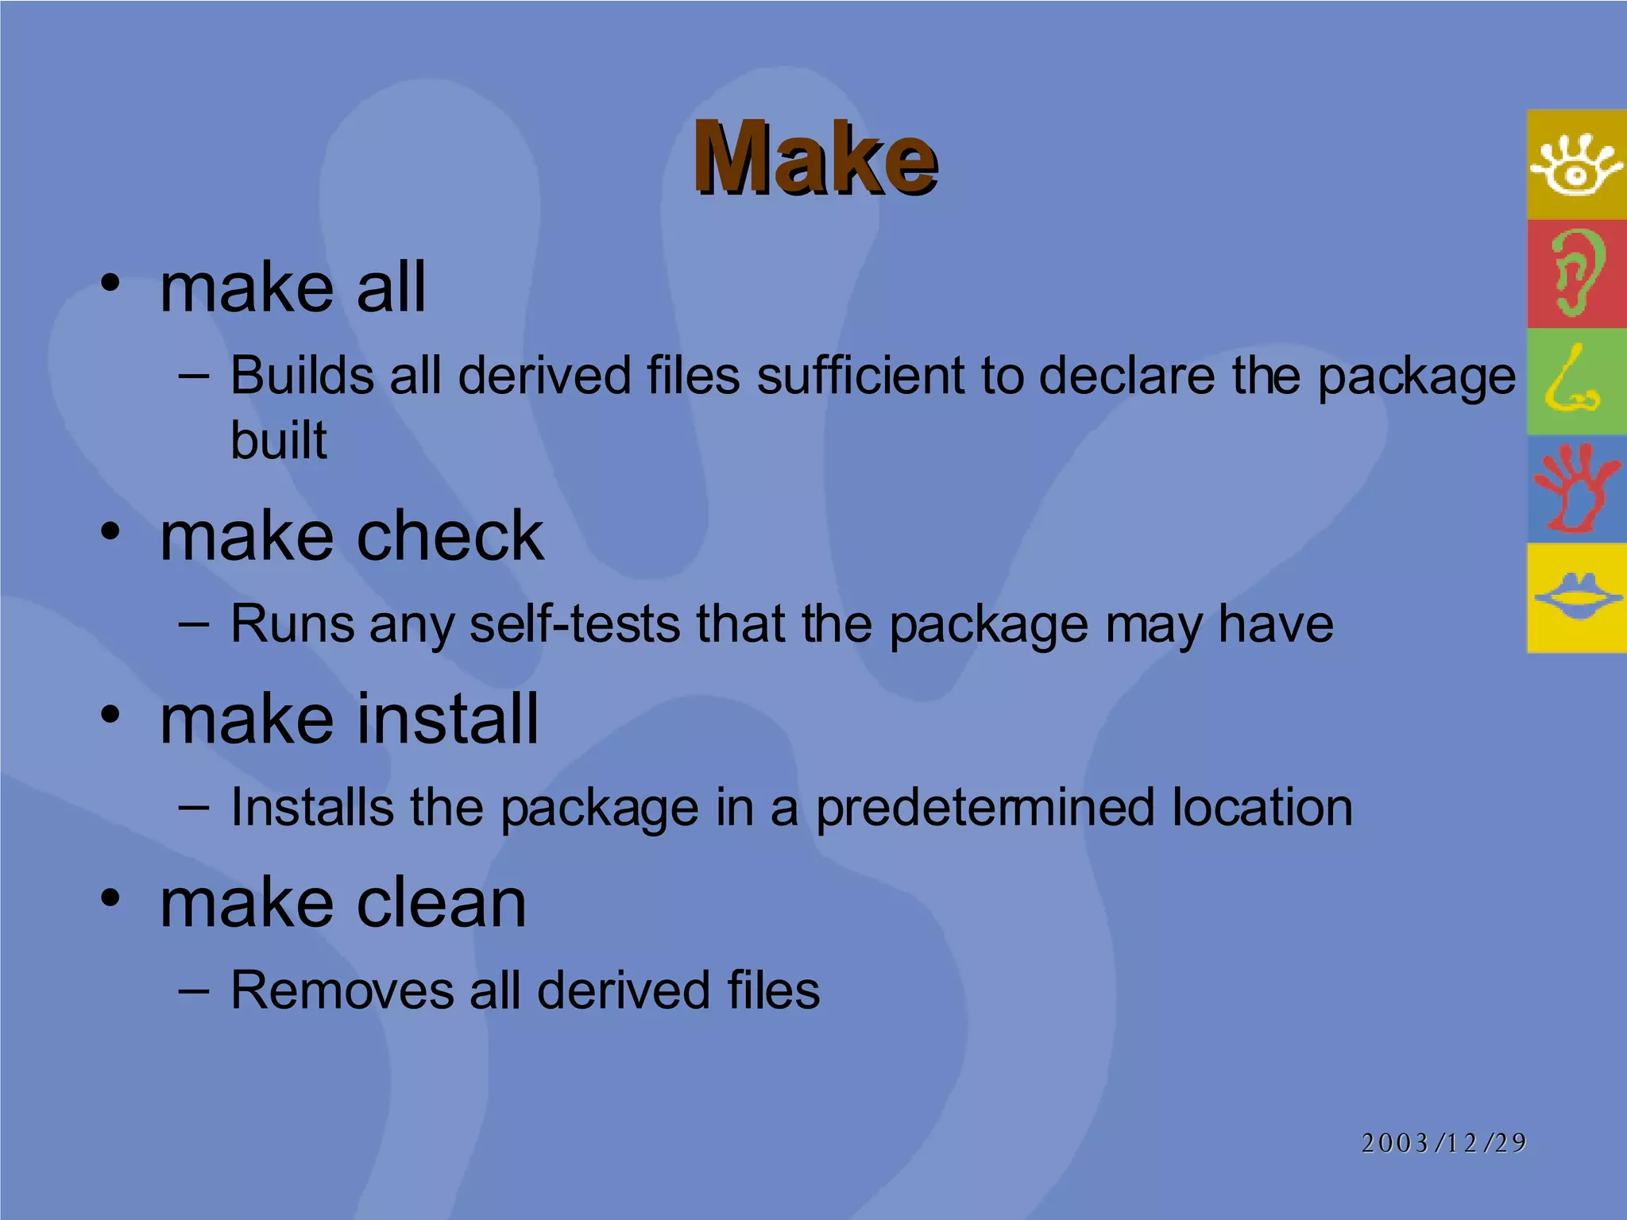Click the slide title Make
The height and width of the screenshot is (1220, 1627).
coord(815,158)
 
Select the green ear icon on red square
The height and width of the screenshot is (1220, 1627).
coord(1576,273)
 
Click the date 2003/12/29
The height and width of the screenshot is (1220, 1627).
coord(1443,1142)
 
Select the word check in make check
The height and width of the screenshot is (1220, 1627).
coord(450,536)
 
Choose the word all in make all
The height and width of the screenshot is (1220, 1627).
coord(391,287)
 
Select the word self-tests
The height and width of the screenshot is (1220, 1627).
coord(574,624)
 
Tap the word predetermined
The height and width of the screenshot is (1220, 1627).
coord(985,808)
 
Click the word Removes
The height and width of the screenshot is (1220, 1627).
coord(342,990)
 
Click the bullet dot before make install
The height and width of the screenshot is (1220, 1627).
coord(110,714)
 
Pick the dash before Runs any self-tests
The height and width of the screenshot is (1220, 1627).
coord(195,624)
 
